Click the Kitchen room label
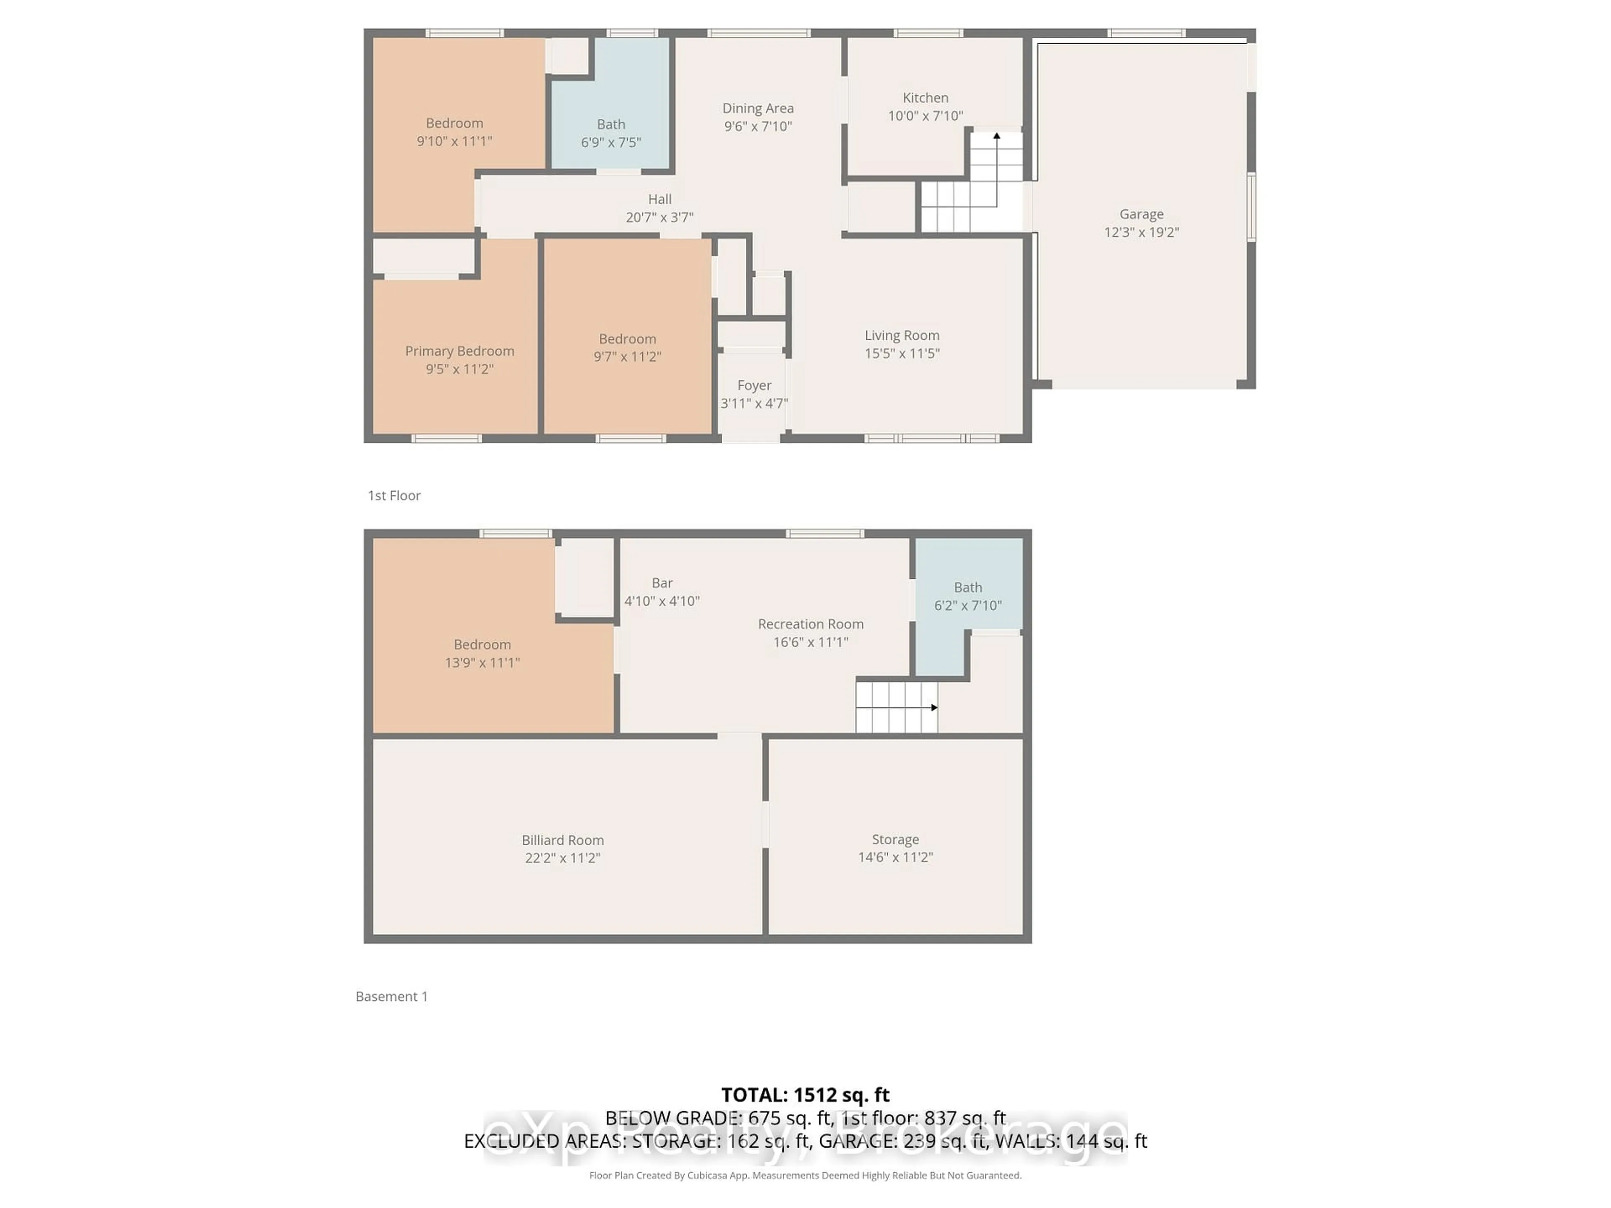tap(925, 98)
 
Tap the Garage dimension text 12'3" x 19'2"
tap(1141, 232)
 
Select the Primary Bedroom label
tap(459, 351)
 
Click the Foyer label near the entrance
tap(754, 385)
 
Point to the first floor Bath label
tap(611, 125)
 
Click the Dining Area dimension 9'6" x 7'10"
tap(757, 126)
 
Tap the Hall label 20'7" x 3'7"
tap(659, 208)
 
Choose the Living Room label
tap(902, 336)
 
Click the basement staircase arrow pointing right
tap(934, 707)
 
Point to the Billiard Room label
tap(562, 840)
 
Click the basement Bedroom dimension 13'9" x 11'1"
tap(482, 663)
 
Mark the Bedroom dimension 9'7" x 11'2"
tap(627, 357)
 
